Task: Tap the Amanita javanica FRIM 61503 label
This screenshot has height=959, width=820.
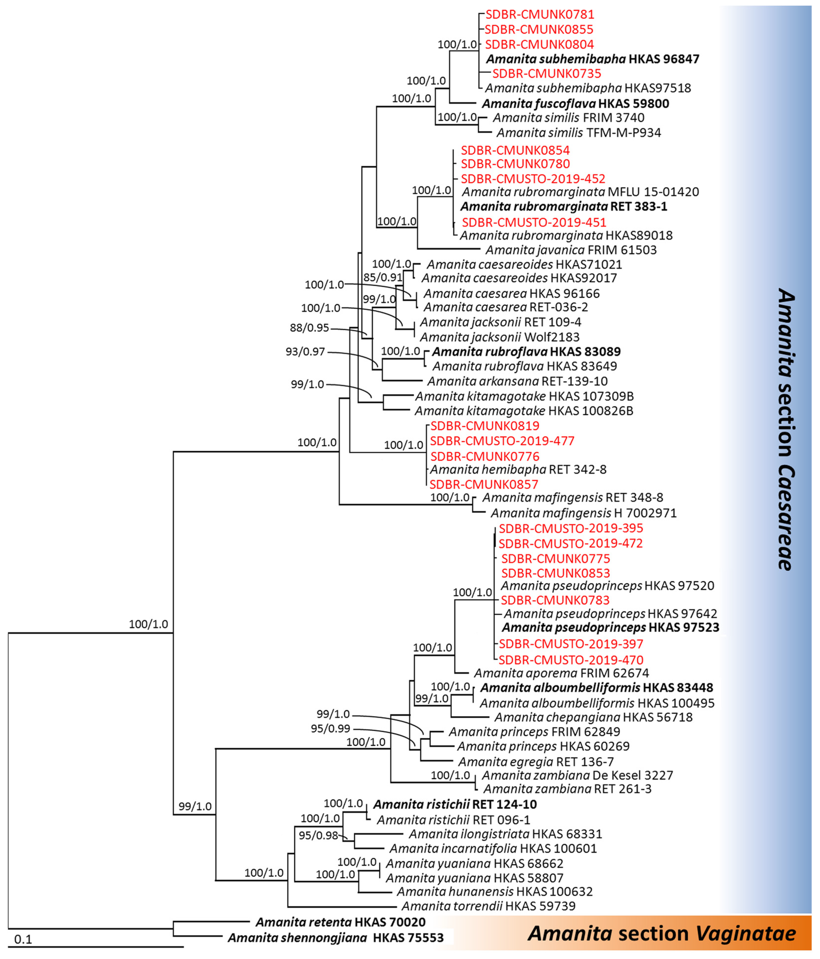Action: pyautogui.click(x=571, y=250)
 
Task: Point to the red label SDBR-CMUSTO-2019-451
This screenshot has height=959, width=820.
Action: pyautogui.click(x=534, y=222)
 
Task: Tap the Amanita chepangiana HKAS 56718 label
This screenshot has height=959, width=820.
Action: pyautogui.click(x=593, y=717)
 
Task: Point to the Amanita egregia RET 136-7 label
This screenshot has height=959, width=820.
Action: pyautogui.click(x=542, y=761)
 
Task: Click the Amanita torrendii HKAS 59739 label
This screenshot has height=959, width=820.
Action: pyautogui.click(x=488, y=906)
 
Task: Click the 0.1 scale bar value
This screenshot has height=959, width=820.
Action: pyautogui.click(x=23, y=939)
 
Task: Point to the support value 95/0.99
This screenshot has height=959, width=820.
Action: pyautogui.click(x=331, y=729)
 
